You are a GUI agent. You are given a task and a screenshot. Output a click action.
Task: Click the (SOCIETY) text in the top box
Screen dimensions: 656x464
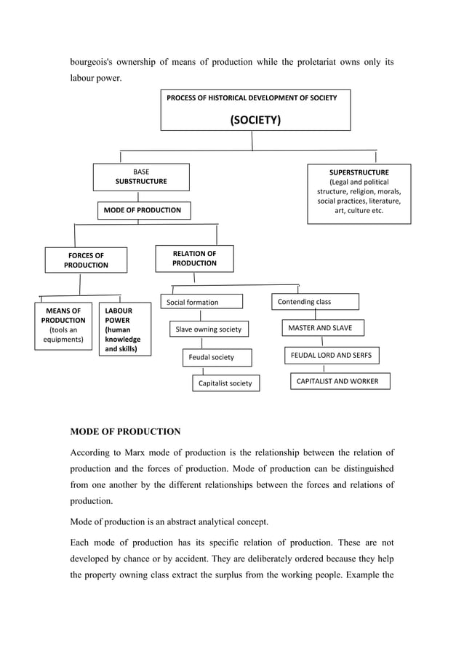[255, 120]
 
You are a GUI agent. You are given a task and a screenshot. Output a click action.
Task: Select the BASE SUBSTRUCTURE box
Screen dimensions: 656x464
[141, 177]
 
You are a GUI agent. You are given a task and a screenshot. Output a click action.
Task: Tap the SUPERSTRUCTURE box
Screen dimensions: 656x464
[359, 192]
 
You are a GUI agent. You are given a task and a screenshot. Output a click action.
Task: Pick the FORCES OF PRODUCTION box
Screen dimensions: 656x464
[86, 260]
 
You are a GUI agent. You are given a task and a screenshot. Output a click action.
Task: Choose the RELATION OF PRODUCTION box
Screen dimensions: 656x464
[194, 258]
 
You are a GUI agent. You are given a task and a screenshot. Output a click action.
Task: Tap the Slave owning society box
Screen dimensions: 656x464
[209, 329]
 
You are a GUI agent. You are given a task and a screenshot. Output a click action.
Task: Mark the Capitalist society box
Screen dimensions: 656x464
[225, 383]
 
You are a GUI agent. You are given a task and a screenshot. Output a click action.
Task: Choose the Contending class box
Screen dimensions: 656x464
[314, 301]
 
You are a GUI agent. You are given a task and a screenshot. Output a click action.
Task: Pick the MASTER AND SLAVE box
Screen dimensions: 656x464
[321, 328]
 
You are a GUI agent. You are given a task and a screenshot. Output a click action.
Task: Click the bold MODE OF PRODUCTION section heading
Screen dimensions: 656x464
[125, 431]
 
